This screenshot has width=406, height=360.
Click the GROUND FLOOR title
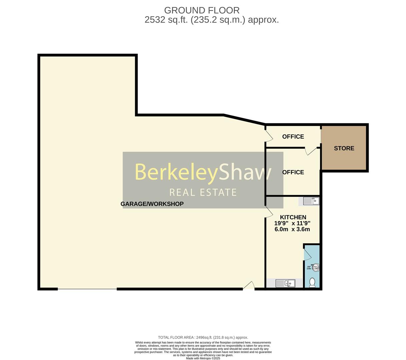201,10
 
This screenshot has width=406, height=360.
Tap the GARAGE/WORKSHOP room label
152,204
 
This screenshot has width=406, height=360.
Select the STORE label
344,148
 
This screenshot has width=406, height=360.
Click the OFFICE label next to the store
293,137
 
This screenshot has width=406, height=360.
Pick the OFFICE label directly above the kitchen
293,172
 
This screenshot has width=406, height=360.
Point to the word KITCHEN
293,217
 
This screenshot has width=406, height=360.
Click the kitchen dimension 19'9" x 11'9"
292,223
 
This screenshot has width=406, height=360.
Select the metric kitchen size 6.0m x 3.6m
292,229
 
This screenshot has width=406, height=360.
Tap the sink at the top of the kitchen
311,201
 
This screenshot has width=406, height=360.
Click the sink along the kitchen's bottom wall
285,283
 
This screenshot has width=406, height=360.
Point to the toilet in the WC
312,283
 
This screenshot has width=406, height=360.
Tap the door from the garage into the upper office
269,135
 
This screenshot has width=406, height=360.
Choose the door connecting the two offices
311,151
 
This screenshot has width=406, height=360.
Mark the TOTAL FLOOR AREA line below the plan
203,337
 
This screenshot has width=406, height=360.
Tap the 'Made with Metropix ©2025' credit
203,358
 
